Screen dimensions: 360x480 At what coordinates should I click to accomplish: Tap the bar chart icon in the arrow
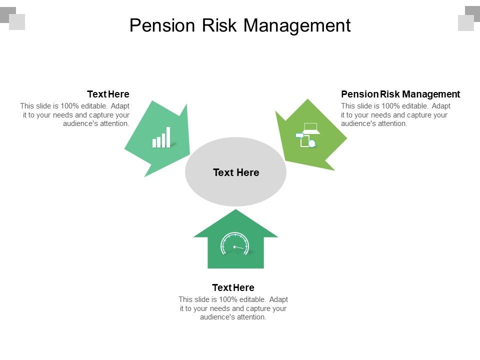point(161,137)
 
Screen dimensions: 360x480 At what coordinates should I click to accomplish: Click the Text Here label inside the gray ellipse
point(236,172)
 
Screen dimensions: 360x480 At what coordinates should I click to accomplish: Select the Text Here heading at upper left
point(108,94)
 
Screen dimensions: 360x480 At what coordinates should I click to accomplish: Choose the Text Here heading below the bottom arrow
point(233,287)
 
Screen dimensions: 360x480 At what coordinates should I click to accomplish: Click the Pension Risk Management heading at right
point(400,94)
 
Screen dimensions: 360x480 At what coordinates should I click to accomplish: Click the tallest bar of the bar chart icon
point(168,136)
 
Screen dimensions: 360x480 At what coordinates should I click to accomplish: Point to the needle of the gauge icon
point(239,247)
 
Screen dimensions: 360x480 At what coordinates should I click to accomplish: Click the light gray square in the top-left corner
point(17,22)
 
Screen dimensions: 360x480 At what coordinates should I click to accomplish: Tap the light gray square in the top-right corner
point(465,23)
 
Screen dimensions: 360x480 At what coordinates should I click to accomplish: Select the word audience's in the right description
point(358,123)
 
